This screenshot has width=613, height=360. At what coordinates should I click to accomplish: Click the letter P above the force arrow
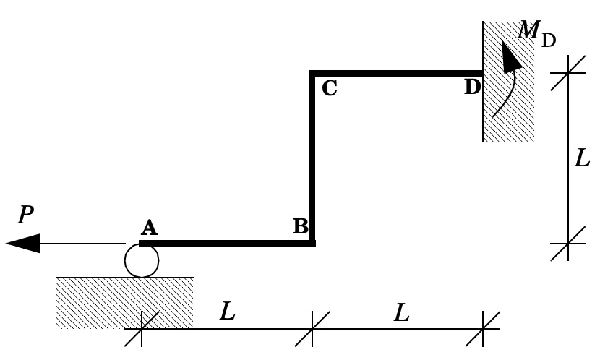point(26,215)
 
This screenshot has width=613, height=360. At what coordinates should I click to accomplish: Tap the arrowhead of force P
point(23,243)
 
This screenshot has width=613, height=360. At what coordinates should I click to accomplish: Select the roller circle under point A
point(142,261)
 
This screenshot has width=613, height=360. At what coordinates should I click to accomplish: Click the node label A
point(149,228)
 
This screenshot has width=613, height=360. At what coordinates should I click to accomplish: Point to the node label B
point(301,226)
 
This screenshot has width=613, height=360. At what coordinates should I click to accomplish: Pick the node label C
point(330,88)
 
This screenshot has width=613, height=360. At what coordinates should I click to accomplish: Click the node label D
point(472,87)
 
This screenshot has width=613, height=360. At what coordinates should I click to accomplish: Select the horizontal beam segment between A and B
point(227,243)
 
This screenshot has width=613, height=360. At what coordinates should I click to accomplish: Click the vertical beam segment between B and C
point(312,158)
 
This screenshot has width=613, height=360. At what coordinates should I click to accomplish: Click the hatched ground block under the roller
point(125,303)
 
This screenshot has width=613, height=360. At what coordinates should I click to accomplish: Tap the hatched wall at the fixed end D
point(508,81)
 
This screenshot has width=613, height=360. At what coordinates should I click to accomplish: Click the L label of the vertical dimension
point(582,158)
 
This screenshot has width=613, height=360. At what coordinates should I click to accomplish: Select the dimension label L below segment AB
point(228,312)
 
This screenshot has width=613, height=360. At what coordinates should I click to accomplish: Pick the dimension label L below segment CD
point(401,313)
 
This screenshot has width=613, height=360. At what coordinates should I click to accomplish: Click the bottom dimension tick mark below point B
point(312,329)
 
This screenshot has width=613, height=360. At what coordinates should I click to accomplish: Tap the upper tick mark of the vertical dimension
point(568,73)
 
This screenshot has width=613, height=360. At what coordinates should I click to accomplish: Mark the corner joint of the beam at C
point(312,74)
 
